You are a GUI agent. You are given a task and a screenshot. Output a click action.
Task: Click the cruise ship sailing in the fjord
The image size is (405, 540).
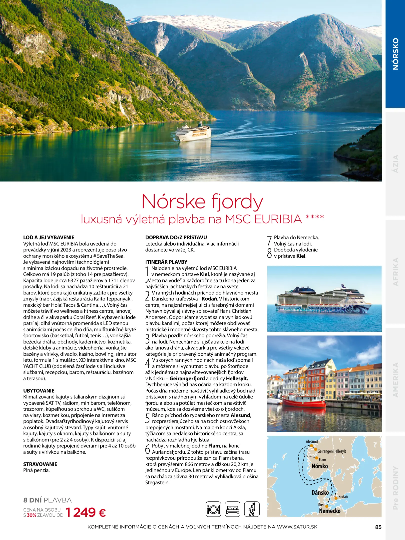point(194,132)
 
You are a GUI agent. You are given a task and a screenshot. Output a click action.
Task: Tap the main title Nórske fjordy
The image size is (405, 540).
point(202,201)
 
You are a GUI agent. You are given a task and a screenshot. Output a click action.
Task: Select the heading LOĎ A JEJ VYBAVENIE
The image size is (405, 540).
point(49,237)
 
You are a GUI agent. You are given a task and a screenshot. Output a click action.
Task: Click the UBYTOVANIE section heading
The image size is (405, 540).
point(39,390)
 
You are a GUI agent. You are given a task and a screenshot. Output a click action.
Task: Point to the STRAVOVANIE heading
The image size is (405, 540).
point(40,464)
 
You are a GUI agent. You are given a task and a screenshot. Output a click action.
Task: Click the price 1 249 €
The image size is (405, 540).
point(86,512)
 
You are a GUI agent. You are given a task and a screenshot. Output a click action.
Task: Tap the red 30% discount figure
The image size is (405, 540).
point(32,515)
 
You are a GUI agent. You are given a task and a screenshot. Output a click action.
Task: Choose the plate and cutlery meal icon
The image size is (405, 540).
point(213,509)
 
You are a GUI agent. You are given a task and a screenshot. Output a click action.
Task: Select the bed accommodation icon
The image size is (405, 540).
point(232,509)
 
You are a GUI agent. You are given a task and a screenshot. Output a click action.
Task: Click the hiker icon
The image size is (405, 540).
point(252,509)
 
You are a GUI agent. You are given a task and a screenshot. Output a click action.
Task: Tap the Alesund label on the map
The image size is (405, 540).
point(312,441)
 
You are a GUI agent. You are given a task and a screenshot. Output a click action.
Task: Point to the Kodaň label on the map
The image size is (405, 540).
point(343,496)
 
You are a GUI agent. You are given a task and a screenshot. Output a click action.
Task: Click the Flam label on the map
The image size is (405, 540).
point(322,459)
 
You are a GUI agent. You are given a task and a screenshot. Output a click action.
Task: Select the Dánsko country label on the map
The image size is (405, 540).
point(320,492)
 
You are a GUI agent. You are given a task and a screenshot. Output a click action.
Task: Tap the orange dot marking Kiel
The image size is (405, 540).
point(327,506)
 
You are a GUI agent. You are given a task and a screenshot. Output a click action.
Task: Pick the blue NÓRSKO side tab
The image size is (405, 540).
point(395,54)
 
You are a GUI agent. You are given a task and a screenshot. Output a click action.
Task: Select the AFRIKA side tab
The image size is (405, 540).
point(396,272)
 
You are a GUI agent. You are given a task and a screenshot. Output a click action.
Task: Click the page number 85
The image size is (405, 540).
point(378,527)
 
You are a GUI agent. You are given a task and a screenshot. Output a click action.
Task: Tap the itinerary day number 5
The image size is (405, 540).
point(148,418)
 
